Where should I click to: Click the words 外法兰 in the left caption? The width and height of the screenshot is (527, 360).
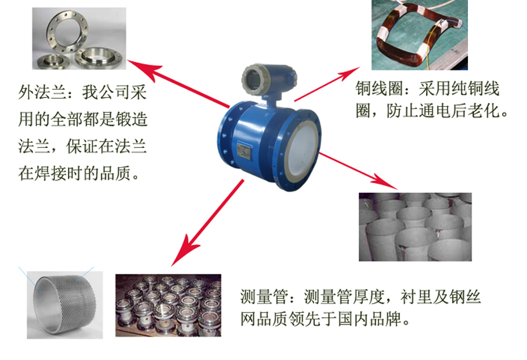[43, 92]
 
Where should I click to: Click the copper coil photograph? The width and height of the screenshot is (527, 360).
[420, 35]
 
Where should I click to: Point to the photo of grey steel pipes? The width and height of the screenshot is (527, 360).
[415, 227]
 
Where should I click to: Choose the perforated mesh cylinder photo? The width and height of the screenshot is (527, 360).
[65, 305]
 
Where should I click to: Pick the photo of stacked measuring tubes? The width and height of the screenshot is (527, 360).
[168, 305]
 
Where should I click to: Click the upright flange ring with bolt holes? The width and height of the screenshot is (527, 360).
[67, 32]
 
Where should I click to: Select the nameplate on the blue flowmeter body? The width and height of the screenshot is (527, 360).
[244, 150]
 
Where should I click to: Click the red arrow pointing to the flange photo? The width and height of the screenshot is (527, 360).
[178, 83]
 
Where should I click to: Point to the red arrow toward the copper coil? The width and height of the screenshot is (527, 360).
[327, 84]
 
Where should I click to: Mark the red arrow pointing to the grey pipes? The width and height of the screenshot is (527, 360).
[357, 171]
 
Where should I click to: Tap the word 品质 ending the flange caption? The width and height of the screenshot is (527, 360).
[116, 173]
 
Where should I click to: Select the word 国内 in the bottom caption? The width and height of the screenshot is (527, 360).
[353, 319]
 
